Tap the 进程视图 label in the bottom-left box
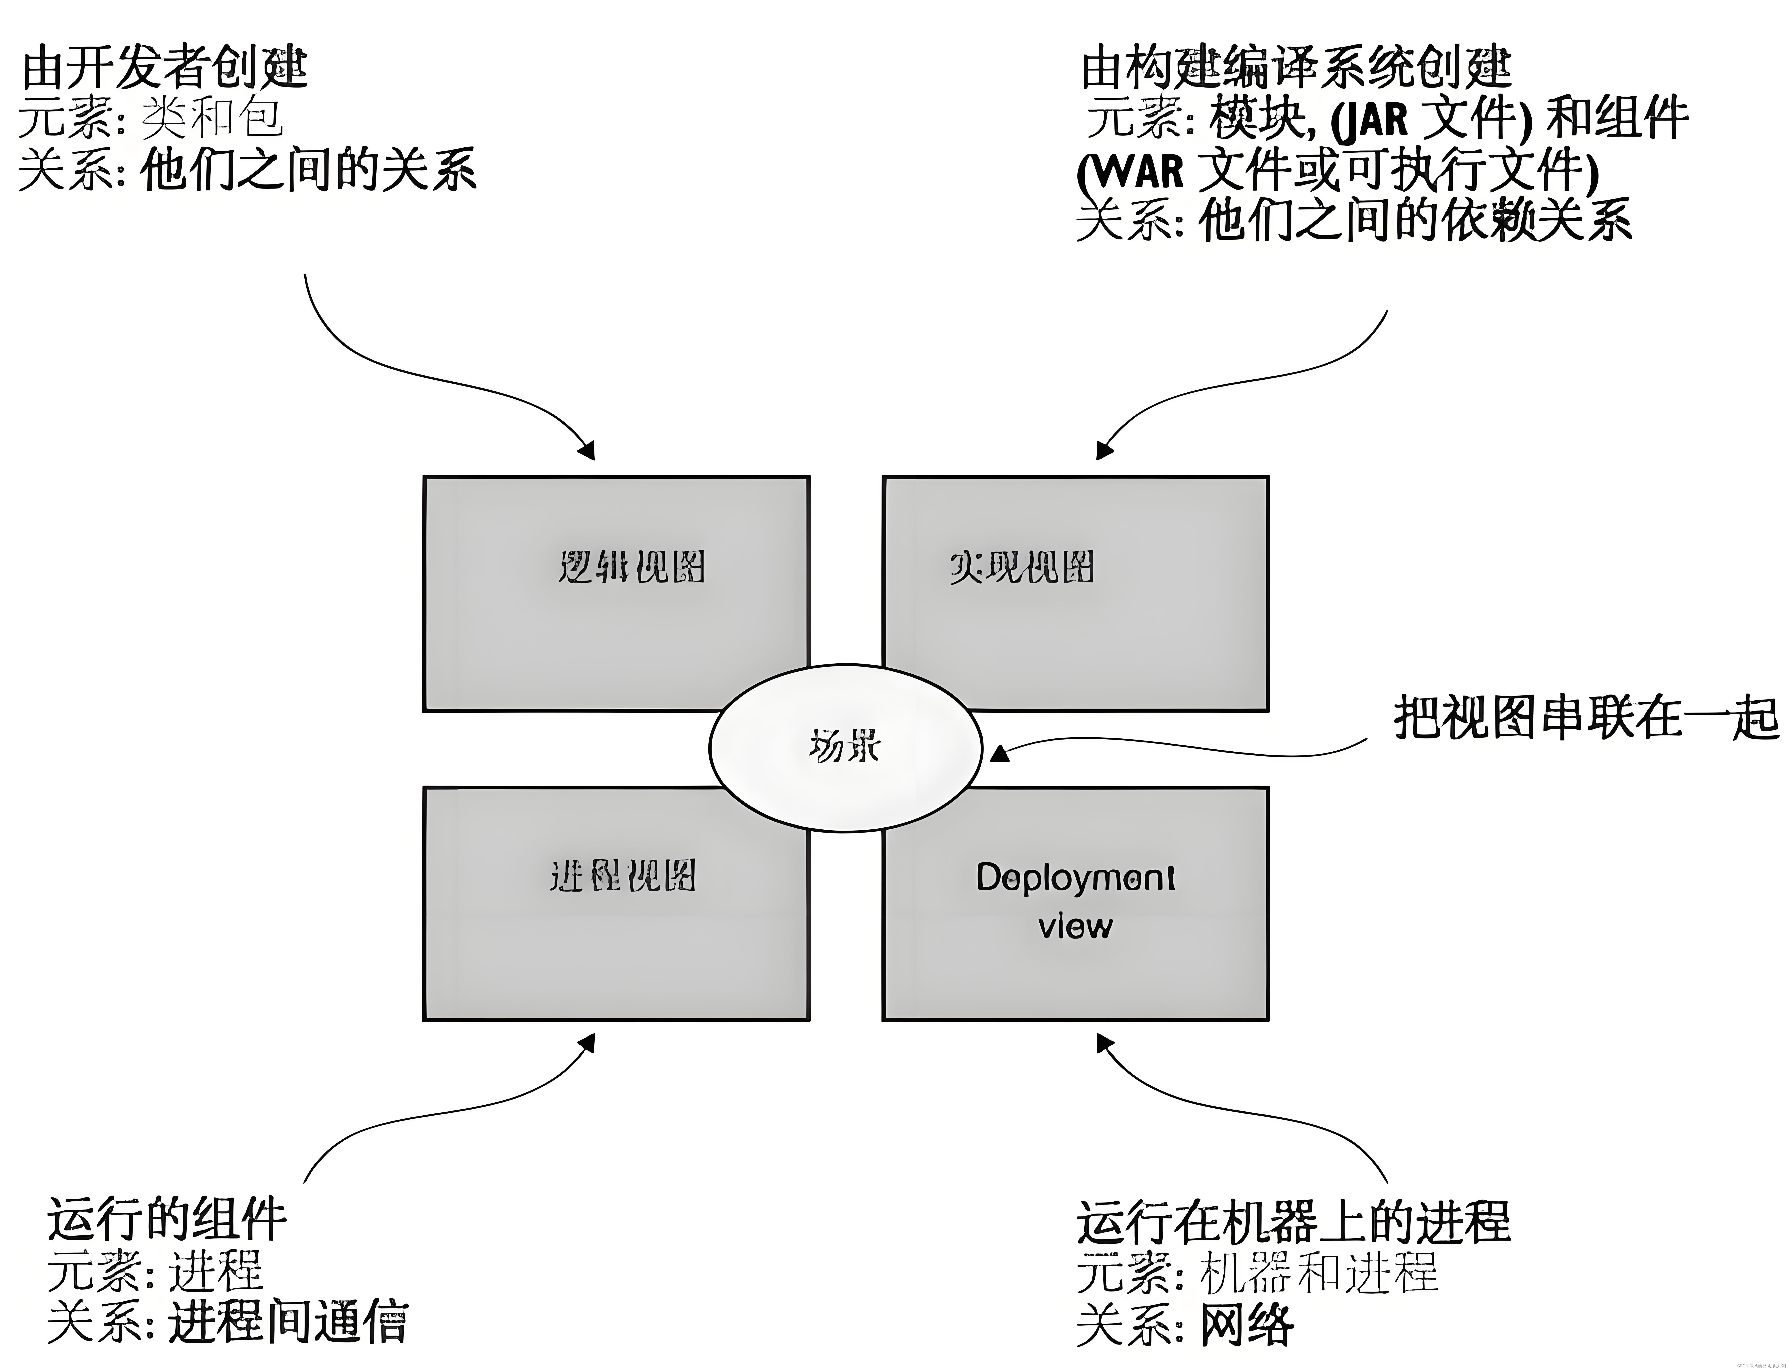pos(622,877)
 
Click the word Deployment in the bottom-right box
pos(1075,877)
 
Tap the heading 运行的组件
pos(167,1220)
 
